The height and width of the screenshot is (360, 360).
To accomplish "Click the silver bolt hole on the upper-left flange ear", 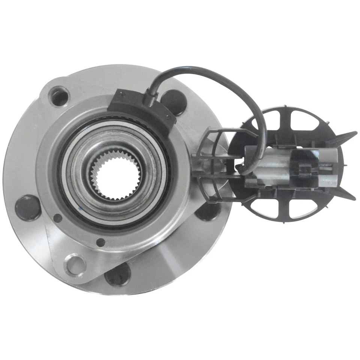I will pos(58,95).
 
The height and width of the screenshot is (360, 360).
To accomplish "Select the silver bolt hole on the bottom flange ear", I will pos(75,264).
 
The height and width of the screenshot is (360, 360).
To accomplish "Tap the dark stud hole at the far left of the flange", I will pos(27,207).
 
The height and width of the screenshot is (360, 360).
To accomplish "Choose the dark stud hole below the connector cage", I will pos(207,211).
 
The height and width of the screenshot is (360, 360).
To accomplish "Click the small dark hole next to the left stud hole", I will pos(58,217).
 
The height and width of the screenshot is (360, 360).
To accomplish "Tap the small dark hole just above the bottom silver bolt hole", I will pos(100,243).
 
